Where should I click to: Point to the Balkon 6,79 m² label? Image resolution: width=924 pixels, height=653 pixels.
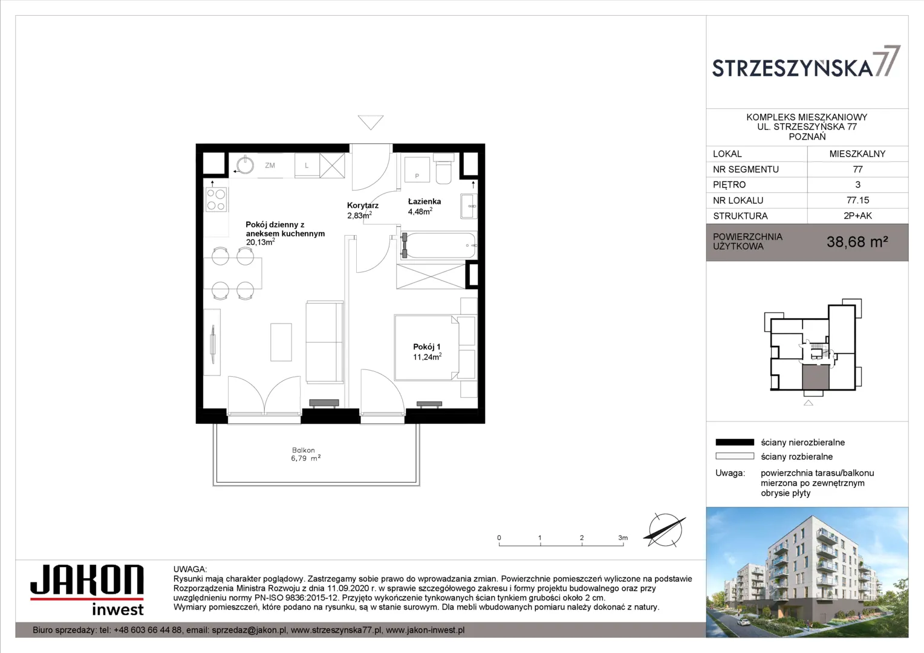pyautogui.click(x=305, y=454)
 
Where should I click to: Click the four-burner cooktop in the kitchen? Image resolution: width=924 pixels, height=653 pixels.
pyautogui.click(x=216, y=200)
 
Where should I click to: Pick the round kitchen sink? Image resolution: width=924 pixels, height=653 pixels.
pyautogui.click(x=245, y=166)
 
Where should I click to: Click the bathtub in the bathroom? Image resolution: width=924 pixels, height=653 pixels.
pyautogui.click(x=438, y=245)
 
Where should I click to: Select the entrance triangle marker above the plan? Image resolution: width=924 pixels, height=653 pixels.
pyautogui.click(x=371, y=122)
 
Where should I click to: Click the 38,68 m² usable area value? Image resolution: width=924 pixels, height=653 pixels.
pyautogui.click(x=857, y=242)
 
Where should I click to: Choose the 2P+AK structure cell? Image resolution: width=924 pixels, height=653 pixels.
pyautogui.click(x=857, y=216)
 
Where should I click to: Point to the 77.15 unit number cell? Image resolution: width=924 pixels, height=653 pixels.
pyautogui.click(x=857, y=200)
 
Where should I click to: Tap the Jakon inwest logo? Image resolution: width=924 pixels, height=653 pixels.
pyautogui.click(x=87, y=590)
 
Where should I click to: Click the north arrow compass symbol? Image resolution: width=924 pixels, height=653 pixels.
pyautogui.click(x=665, y=530)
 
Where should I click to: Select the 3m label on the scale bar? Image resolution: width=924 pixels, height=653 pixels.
pyautogui.click(x=623, y=538)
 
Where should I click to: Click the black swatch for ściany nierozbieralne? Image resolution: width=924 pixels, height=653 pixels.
pyautogui.click(x=735, y=442)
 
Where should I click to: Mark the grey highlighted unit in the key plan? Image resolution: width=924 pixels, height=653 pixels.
pyautogui.click(x=816, y=377)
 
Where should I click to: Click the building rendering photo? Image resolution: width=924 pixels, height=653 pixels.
pyautogui.click(x=807, y=572)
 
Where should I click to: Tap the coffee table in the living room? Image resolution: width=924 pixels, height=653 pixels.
pyautogui.click(x=281, y=342)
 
